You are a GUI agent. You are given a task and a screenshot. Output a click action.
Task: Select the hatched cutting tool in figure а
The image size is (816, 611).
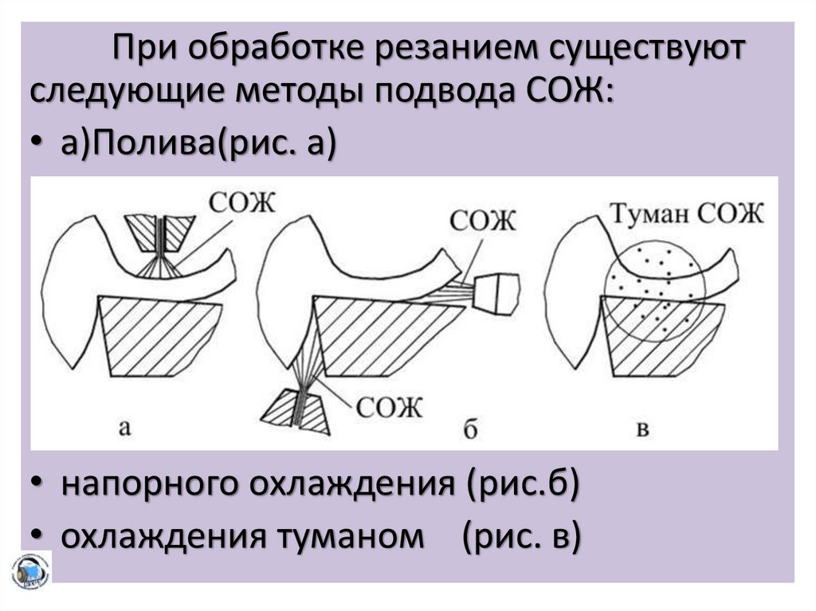pyautogui.click(x=159, y=335)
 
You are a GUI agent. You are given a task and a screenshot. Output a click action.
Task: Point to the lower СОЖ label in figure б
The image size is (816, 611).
pyautogui.click(x=389, y=407)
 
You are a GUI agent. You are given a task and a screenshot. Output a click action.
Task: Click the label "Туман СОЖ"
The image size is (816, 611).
pyautogui.click(x=688, y=213)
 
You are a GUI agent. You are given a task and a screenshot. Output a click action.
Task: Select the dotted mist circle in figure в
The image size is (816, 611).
pyautogui.click(x=653, y=290)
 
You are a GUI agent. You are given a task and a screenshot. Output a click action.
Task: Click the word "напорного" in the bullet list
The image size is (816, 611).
pyautogui.click(x=148, y=484)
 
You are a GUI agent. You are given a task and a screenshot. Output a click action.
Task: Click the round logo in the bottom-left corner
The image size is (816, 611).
pyautogui.click(x=30, y=571)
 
